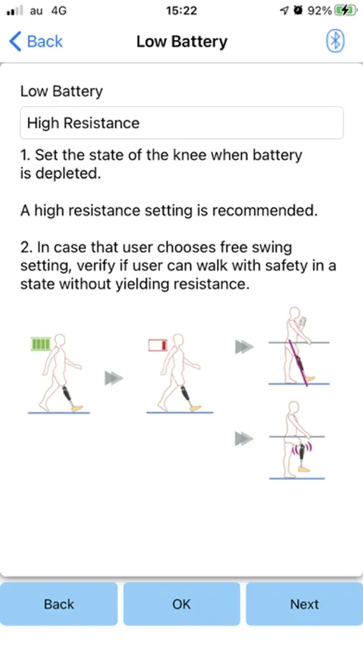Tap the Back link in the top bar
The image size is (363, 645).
pos(37,42)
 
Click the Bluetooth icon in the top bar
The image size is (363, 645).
pos(336,41)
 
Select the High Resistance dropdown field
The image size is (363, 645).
pos(181,123)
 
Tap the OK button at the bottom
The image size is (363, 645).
pos(181,604)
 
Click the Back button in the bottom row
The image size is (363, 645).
pos(59,604)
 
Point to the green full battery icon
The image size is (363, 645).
pos(41,344)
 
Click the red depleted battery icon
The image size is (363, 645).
pos(158,345)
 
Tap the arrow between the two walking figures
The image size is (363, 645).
pos(114,378)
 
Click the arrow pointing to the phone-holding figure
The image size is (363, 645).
pos(244,347)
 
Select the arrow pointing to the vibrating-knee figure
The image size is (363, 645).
pos(244,439)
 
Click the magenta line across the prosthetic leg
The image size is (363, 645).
pos(299,363)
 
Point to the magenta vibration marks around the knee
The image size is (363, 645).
pos(301,448)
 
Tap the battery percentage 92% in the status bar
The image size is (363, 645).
pos(319,11)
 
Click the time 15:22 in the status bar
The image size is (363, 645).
pos(181,11)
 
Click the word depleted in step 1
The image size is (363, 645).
pos(68,173)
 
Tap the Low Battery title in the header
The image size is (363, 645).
pos(182,42)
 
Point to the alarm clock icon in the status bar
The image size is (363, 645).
pos(299,11)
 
